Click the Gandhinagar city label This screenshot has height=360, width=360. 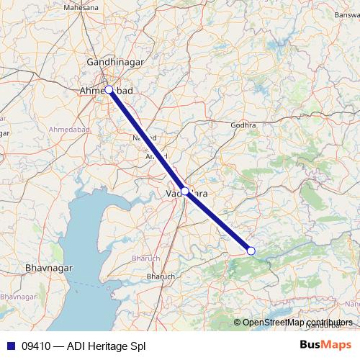[115, 63]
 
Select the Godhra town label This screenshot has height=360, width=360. [243, 125]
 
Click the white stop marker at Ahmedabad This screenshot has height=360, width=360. [109, 90]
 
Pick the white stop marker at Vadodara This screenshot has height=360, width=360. [185, 192]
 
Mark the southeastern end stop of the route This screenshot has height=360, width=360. [251, 251]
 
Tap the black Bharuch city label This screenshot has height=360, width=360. [160, 276]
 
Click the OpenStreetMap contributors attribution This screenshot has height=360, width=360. [297, 322]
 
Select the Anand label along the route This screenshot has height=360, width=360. [157, 156]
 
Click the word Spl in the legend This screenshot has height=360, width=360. [138, 346]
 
